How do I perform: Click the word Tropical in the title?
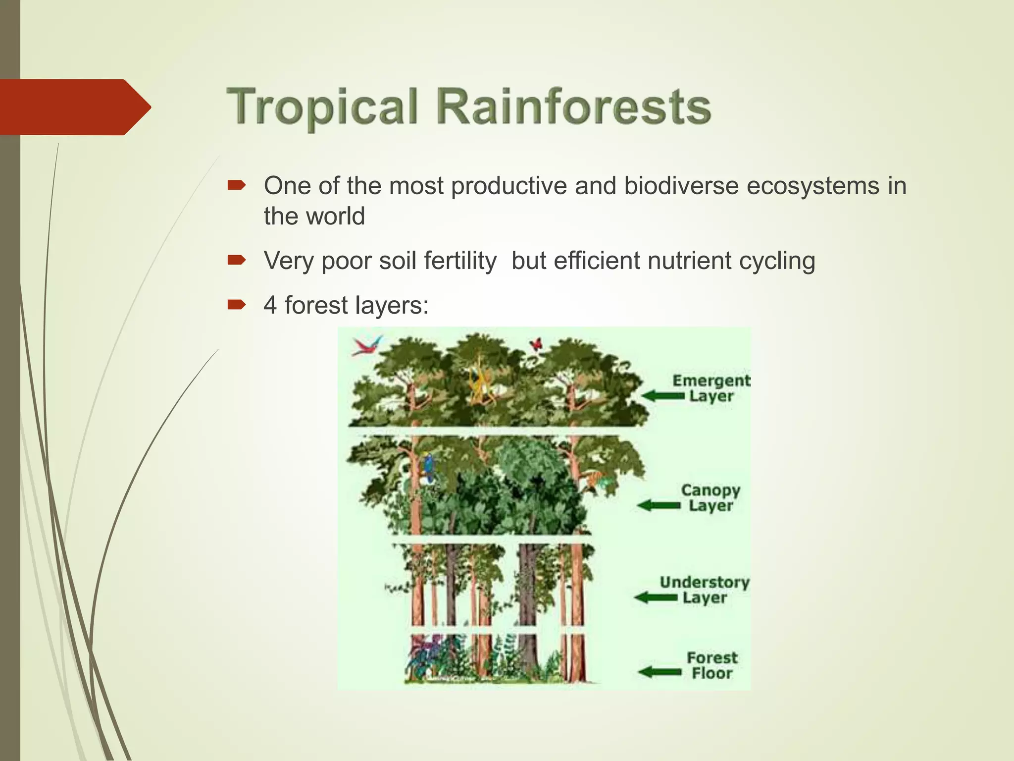click(x=323, y=107)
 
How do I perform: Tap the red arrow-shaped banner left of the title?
click(x=74, y=107)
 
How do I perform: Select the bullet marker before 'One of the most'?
click(x=236, y=186)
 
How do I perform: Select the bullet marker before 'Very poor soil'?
click(x=236, y=260)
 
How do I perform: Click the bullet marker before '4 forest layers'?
click(x=236, y=305)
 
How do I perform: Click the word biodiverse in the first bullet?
click(x=681, y=186)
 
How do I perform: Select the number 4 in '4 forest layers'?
click(x=270, y=305)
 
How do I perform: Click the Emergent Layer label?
click(x=711, y=388)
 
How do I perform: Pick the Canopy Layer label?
click(x=710, y=497)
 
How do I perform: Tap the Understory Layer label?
click(x=705, y=589)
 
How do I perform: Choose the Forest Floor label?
click(x=712, y=665)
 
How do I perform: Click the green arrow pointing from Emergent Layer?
click(x=663, y=396)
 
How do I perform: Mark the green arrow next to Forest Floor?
click(x=659, y=672)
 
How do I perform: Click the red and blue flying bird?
click(x=367, y=345)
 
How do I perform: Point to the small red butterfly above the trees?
click(x=536, y=343)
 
